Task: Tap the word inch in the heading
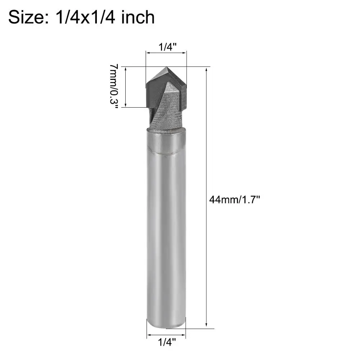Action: coord(138,17)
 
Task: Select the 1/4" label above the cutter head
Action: coord(168,47)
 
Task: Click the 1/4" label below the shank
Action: coord(167,343)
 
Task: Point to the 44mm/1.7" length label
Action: coord(234,199)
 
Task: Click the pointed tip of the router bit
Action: coord(166,67)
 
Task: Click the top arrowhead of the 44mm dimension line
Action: coord(206,69)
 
